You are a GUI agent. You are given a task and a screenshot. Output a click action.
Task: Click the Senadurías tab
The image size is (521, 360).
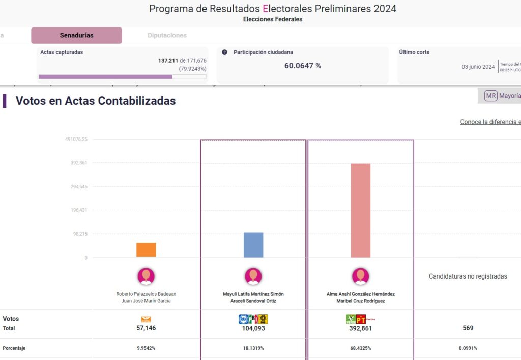(76, 35)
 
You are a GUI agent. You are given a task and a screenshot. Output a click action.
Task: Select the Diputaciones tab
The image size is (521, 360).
(167, 35)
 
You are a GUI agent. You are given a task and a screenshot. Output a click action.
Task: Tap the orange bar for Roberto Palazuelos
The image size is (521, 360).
(146, 250)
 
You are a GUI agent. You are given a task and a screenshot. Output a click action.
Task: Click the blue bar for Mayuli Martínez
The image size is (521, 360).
(253, 245)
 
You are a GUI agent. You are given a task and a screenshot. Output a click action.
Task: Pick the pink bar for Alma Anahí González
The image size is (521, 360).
(361, 210)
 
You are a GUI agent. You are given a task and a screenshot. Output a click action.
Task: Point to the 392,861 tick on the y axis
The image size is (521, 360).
(79, 163)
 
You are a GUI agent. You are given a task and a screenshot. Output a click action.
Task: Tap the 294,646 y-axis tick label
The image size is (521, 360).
(79, 187)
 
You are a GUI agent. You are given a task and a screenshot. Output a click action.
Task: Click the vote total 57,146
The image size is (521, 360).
(146, 328)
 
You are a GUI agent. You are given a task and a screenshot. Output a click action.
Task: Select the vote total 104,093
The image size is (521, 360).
(253, 328)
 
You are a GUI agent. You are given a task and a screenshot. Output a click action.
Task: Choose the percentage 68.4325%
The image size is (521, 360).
(361, 348)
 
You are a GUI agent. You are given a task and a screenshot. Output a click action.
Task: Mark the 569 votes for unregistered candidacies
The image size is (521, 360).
(468, 328)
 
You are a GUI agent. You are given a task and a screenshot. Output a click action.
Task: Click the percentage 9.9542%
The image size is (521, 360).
(146, 348)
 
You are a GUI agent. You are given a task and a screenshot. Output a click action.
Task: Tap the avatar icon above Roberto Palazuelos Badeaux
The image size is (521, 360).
(146, 276)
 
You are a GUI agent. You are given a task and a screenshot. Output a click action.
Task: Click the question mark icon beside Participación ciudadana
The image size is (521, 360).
(225, 52)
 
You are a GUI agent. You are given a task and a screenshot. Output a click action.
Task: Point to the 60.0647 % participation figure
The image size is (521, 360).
(302, 66)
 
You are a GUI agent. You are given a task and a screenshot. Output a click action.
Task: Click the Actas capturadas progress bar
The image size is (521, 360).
(122, 77)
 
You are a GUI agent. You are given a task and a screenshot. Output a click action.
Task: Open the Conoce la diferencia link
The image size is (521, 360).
(490, 122)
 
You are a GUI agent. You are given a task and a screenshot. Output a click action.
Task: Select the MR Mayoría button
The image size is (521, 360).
(502, 96)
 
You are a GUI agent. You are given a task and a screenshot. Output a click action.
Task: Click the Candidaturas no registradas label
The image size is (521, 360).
(468, 276)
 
